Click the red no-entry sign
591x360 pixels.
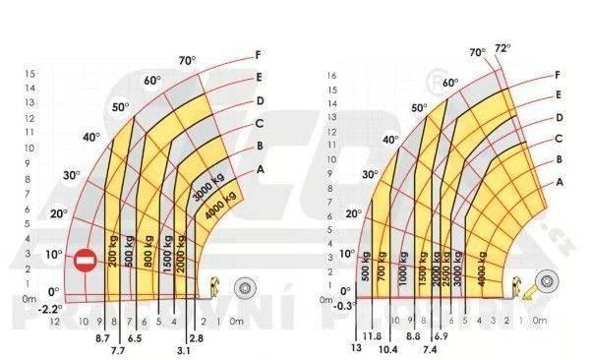85,261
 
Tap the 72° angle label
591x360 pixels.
502,47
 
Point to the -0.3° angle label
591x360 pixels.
343,305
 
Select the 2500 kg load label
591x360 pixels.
446,258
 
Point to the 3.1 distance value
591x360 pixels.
183,349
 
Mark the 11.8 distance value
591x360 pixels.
374,337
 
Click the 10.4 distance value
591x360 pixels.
388,349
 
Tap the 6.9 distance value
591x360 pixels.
441,337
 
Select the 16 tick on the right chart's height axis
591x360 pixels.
331,74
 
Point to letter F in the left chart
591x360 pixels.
258,54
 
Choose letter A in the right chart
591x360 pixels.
559,182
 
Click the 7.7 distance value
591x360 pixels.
119,349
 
